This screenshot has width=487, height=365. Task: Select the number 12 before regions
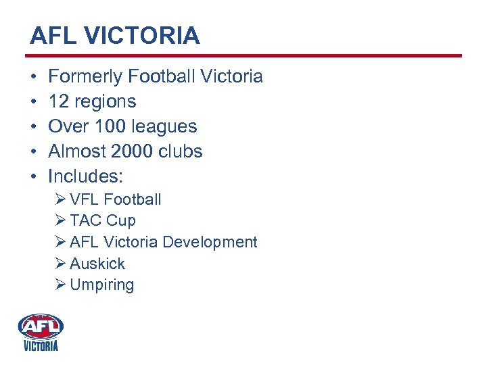(x=59, y=102)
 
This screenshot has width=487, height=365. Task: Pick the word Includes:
(x=85, y=176)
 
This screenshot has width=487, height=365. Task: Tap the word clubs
(x=181, y=151)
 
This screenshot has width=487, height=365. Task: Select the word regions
(x=105, y=102)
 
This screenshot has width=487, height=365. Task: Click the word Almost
(x=75, y=151)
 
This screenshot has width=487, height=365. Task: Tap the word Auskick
(x=97, y=264)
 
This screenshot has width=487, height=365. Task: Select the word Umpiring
(x=101, y=285)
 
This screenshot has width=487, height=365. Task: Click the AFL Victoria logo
(x=41, y=332)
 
